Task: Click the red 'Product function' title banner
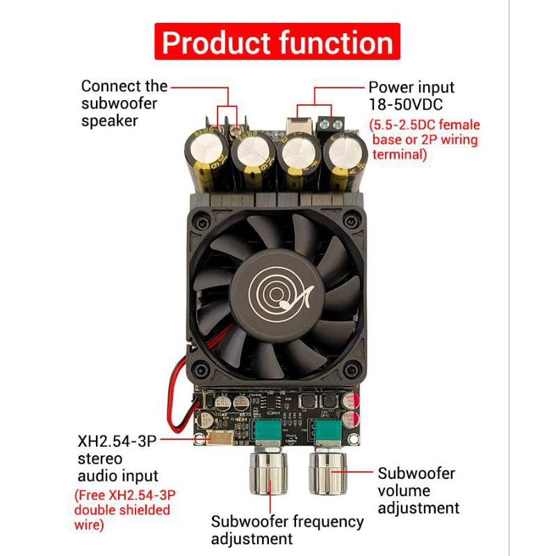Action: tap(277, 42)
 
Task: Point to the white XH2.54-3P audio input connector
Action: tap(220, 437)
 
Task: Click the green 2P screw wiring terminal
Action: tap(332, 124)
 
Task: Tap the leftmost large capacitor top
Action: tap(206, 147)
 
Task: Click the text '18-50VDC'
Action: tap(406, 105)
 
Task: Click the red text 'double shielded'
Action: tap(122, 510)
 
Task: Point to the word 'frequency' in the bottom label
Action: tap(328, 523)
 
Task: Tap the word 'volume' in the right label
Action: tap(404, 491)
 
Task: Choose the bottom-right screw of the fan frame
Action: tap(351, 370)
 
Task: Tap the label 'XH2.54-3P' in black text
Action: tap(117, 441)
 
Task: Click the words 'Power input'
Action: tap(411, 88)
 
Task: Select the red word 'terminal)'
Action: tap(399, 154)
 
